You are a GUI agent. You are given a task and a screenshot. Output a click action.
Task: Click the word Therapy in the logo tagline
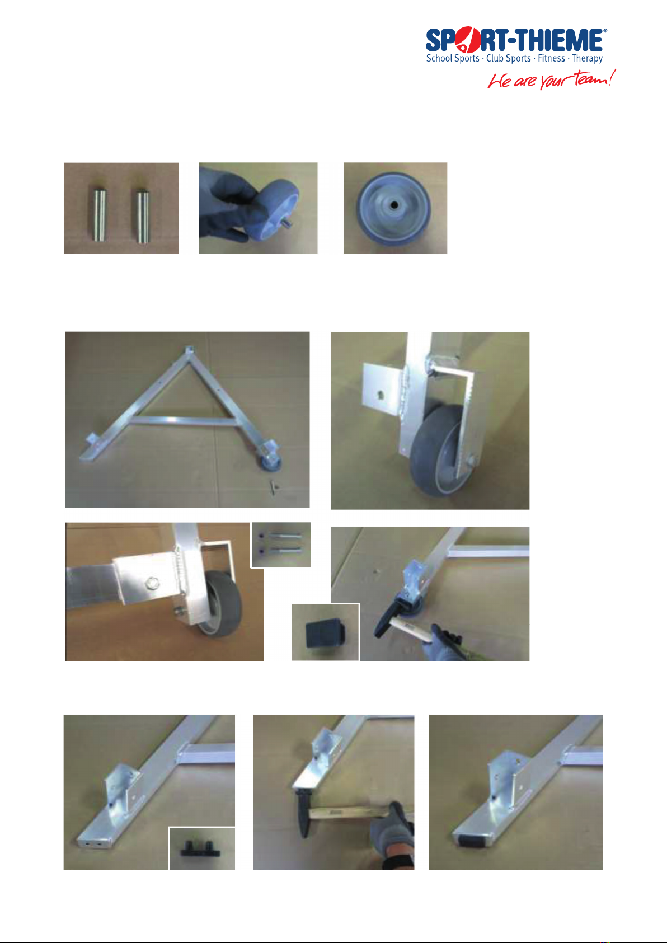point(587,59)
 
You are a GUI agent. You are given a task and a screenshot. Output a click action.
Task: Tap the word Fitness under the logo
point(551,58)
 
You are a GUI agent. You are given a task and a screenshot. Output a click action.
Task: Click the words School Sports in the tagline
point(452,58)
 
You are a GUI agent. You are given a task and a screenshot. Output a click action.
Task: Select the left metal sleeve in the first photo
point(99,215)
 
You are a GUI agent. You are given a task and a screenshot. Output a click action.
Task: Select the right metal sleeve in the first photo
point(143,217)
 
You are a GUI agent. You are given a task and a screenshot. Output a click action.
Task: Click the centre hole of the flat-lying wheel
point(394,205)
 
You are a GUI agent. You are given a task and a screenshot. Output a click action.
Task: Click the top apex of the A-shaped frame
point(189,351)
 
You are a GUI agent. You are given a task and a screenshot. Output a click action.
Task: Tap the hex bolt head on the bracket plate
point(151,584)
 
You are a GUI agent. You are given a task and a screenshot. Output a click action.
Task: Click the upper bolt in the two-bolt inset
point(280,536)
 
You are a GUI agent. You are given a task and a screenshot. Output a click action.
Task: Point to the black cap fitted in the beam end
point(471,841)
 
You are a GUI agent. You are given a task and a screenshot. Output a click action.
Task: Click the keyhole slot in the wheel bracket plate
point(381,395)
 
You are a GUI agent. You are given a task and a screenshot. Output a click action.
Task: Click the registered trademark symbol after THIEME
point(605,31)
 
